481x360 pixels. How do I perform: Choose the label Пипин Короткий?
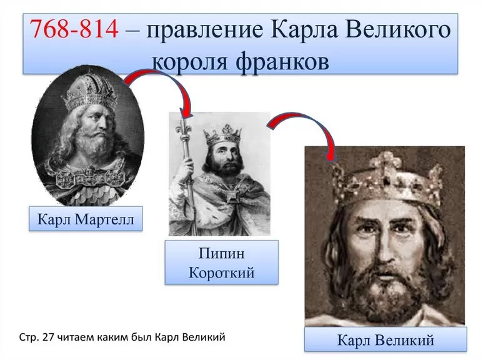click(221, 262)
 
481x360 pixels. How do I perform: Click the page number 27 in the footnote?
click(49, 337)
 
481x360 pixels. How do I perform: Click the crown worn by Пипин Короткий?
click(223, 132)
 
